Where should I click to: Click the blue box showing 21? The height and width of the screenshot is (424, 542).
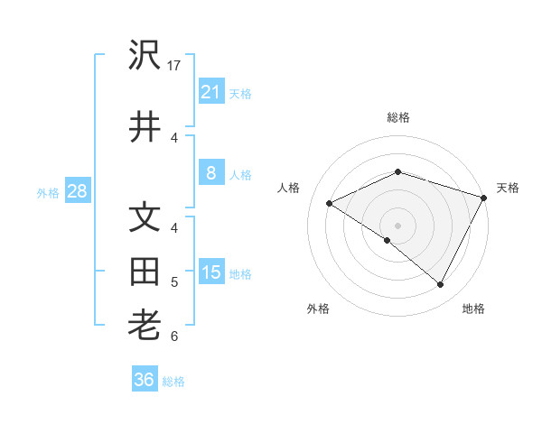click(210, 91)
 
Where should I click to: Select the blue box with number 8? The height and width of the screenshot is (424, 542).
click(210, 172)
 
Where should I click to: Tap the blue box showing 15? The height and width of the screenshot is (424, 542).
click(210, 272)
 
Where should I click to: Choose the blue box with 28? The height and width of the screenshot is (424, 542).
click(77, 191)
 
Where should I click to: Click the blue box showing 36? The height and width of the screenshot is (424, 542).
click(145, 380)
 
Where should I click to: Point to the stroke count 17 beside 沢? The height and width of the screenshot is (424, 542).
click(175, 65)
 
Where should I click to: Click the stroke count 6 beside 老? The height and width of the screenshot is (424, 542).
click(174, 336)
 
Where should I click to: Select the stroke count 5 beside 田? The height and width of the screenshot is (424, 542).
click(174, 282)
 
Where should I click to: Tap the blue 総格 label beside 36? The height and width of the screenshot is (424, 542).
click(173, 382)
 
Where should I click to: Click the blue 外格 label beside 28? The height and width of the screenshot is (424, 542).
click(48, 192)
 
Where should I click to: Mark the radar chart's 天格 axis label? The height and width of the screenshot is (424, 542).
click(509, 188)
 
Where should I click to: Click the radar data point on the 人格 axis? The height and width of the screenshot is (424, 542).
click(330, 204)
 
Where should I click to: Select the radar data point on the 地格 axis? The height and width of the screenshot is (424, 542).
click(441, 284)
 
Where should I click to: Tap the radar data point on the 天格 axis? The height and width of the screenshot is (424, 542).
click(484, 197)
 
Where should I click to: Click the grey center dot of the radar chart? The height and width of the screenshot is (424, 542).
click(397, 225)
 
